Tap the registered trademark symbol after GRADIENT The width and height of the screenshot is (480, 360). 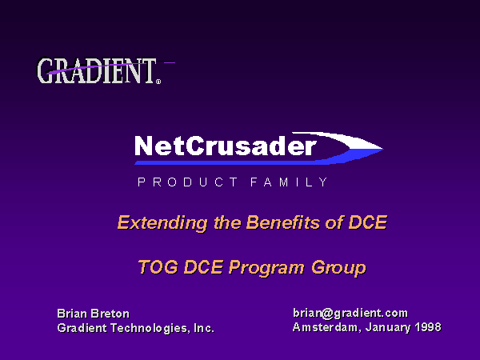click(158, 82)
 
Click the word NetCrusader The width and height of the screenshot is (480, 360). click(225, 146)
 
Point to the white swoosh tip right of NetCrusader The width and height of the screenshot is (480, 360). click(383, 149)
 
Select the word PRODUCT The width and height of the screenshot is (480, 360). click(188, 182)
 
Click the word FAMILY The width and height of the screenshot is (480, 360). click(289, 182)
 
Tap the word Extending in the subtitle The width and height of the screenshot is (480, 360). click(162, 222)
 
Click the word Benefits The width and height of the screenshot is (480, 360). click(283, 222)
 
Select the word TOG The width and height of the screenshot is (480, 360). click(158, 266)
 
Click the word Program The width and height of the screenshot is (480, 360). click(266, 268)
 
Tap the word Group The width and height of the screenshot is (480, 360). click(338, 268)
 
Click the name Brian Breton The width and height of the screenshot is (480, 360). click(94, 314)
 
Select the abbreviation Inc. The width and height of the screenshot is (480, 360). click(204, 328)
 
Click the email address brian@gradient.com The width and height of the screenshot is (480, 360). click(350, 313)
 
